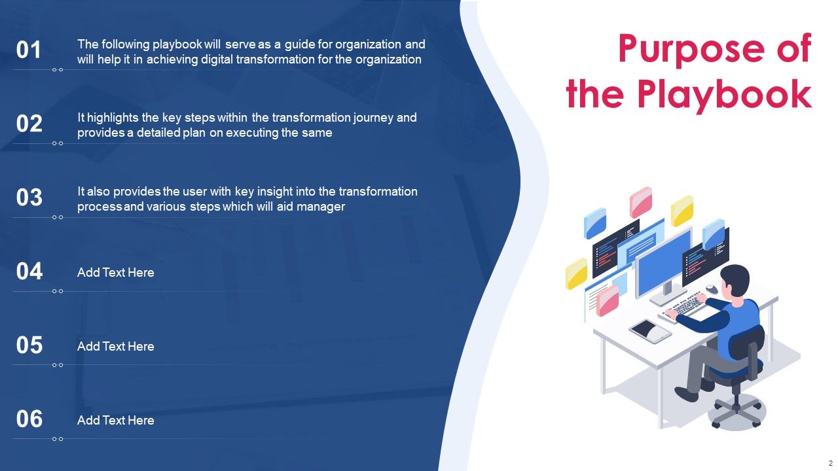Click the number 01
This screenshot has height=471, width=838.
tap(29, 50)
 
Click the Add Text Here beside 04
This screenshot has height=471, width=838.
tap(116, 273)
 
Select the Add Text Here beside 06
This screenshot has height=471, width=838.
tap(116, 421)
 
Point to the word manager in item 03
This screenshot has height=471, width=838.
tap(324, 207)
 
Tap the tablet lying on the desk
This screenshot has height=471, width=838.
tap(650, 330)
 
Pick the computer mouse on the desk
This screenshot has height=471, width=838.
tap(711, 288)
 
